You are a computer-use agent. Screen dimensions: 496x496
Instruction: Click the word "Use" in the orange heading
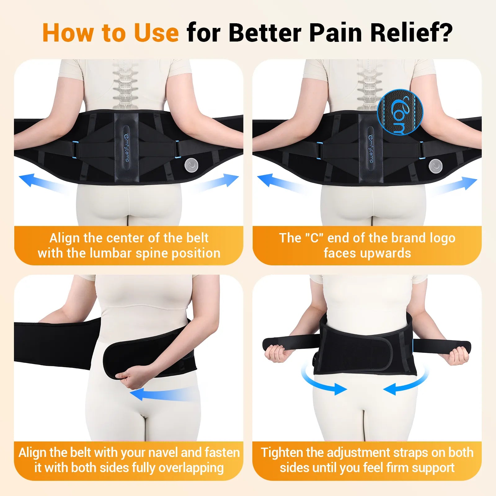click(x=156, y=33)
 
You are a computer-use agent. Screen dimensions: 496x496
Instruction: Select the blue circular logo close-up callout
click(x=400, y=112)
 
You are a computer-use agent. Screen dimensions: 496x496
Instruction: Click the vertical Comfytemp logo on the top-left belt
click(x=126, y=148)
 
